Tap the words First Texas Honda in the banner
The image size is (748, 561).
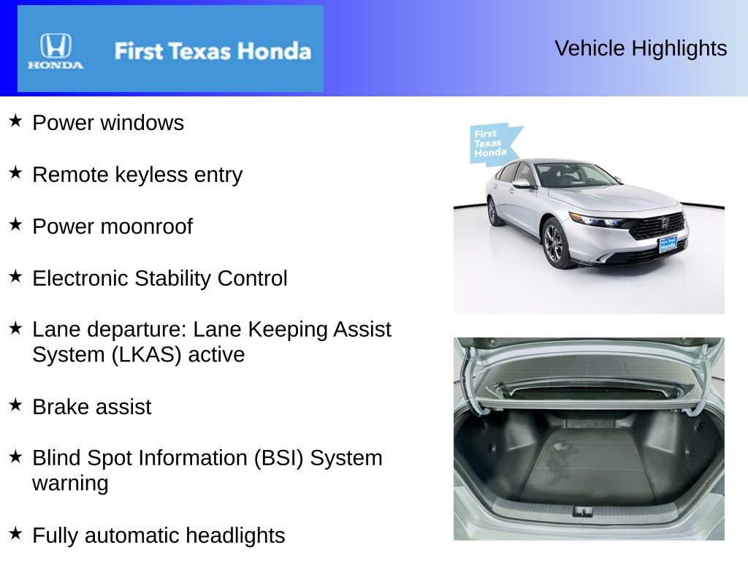click(213, 51)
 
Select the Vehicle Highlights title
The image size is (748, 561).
click(641, 48)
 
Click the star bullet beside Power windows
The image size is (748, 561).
click(16, 121)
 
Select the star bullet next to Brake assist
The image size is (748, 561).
click(16, 405)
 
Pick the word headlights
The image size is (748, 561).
click(234, 535)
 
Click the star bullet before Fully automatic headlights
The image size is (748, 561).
click(16, 533)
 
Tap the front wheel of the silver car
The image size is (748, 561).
click(554, 243)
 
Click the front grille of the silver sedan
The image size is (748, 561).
click(657, 226)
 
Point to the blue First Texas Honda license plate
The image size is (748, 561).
click(668, 245)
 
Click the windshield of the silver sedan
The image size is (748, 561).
click(574, 175)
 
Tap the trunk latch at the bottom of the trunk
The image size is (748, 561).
click(582, 511)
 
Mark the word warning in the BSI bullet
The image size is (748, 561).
click(70, 484)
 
